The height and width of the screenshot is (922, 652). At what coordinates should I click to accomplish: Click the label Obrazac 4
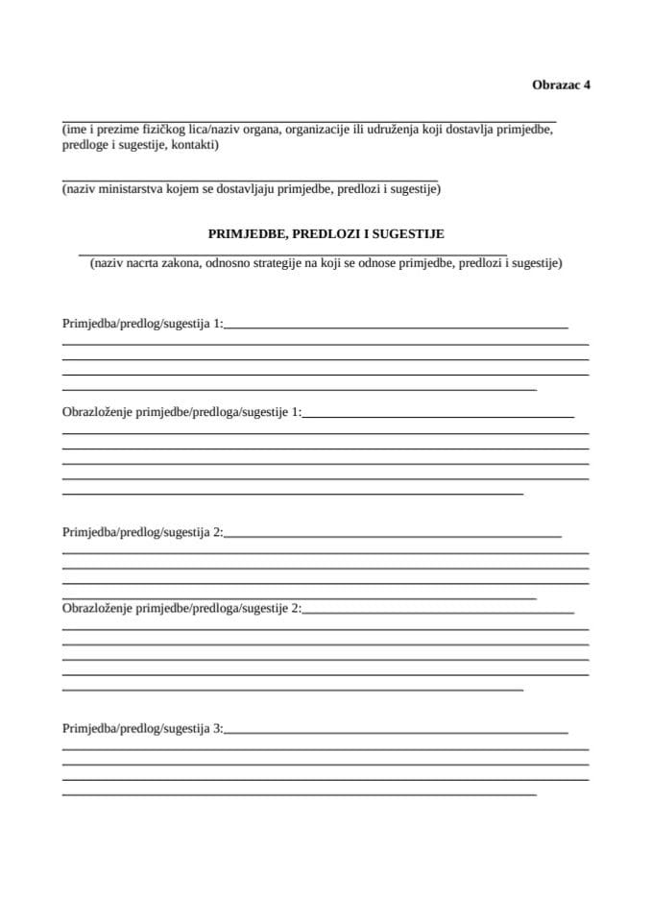(x=561, y=85)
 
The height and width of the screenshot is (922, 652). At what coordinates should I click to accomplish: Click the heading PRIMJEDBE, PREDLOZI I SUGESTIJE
(x=326, y=233)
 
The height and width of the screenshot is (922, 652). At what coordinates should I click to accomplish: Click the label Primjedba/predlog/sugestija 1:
(x=142, y=324)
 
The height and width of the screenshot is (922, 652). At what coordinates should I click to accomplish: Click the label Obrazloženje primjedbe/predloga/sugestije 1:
(x=181, y=412)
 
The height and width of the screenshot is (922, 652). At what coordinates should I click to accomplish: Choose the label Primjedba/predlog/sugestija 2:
(x=142, y=531)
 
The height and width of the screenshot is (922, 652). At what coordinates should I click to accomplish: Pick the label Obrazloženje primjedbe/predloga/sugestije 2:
(x=181, y=608)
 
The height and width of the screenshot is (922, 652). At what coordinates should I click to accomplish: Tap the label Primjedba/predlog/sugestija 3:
(x=142, y=729)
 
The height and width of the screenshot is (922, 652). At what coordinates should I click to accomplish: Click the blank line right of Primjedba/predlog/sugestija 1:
(x=396, y=328)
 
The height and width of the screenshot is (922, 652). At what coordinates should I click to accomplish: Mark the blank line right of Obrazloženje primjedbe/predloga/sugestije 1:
(x=438, y=417)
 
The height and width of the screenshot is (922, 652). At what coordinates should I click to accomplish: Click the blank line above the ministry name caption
(x=250, y=181)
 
